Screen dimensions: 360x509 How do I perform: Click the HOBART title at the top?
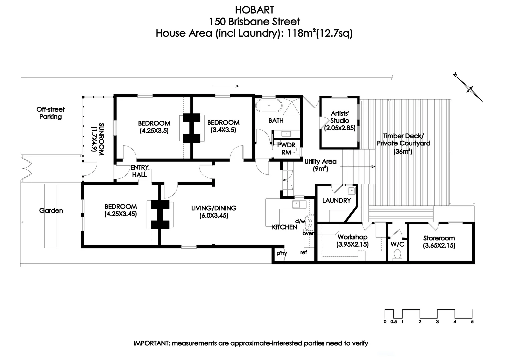click(x=254, y=10)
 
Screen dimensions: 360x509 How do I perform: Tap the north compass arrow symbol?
click(x=469, y=89)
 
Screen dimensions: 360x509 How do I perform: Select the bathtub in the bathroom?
click(x=269, y=107)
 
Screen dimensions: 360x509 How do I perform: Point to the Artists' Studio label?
click(x=340, y=117)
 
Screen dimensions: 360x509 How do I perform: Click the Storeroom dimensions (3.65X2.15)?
click(x=439, y=246)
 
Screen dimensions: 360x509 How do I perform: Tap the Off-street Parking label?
click(x=51, y=113)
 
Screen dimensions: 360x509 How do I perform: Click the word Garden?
click(x=51, y=211)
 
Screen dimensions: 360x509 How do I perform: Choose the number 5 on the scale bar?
click(x=472, y=322)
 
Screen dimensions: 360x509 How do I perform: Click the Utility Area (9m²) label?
click(x=320, y=165)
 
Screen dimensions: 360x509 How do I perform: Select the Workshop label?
click(x=352, y=237)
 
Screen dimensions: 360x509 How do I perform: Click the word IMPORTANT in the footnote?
click(x=151, y=343)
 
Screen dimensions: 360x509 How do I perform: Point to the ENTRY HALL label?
click(x=139, y=171)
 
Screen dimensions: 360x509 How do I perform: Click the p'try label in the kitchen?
click(x=282, y=253)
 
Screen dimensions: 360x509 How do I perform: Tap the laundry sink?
click(x=351, y=191)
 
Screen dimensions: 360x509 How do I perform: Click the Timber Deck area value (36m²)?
click(x=403, y=151)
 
